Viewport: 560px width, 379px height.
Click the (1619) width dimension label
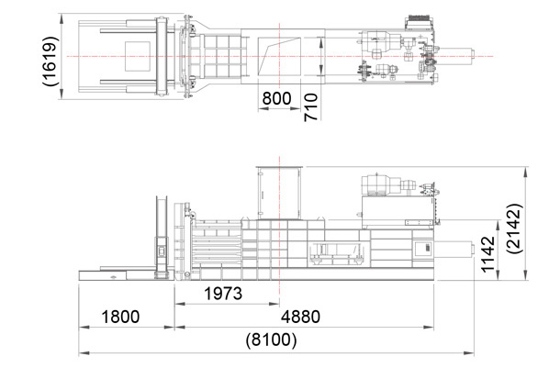pos(50,61)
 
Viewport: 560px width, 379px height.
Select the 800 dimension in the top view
pos(276,98)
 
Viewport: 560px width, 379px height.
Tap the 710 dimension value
pos(310,107)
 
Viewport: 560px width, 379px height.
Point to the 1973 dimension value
pos(223,294)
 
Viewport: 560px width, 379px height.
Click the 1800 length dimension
pos(120,317)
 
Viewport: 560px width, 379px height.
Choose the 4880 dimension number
pos(301,317)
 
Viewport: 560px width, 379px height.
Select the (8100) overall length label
pos(271,340)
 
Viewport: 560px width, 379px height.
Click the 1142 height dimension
pos(487,254)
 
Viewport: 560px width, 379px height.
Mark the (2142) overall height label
pos(515,229)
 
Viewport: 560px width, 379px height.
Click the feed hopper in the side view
pos(280,193)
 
